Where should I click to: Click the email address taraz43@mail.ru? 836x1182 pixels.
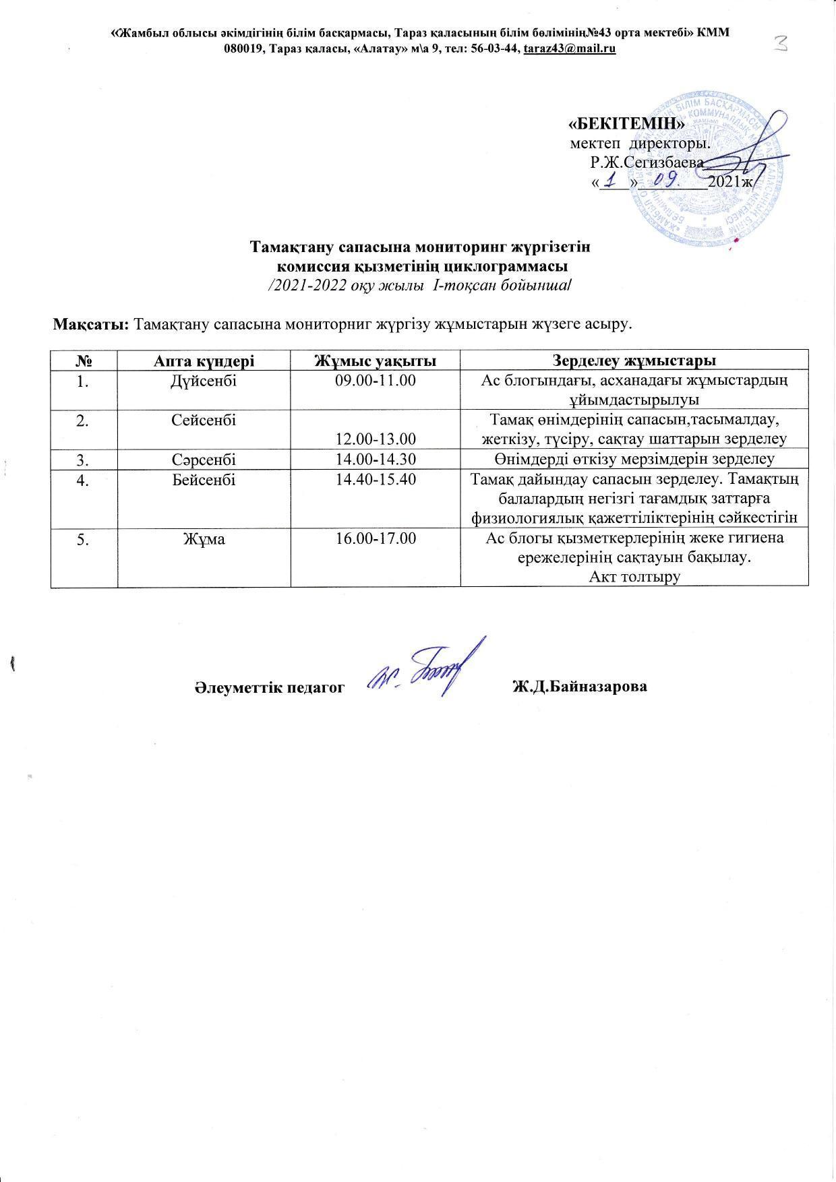pyautogui.click(x=570, y=49)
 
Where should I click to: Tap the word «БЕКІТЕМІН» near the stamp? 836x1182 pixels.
pyautogui.click(x=627, y=125)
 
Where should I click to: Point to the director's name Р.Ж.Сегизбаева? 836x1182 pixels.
pyautogui.click(x=647, y=162)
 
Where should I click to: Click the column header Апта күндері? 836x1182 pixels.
pyautogui.click(x=204, y=360)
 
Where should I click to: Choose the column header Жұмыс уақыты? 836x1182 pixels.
pyautogui.click(x=376, y=360)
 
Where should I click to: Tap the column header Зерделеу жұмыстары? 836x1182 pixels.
pyautogui.click(x=634, y=360)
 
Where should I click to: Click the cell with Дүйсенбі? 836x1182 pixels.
pyautogui.click(x=204, y=381)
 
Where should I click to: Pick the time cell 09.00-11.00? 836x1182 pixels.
pyautogui.click(x=376, y=381)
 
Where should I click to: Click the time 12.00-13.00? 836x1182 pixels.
pyautogui.click(x=376, y=439)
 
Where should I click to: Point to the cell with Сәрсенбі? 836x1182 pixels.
pyautogui.click(x=204, y=460)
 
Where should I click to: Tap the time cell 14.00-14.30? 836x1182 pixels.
pyautogui.click(x=376, y=460)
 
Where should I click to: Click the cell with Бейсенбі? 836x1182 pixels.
pyautogui.click(x=204, y=480)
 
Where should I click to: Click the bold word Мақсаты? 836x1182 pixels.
pyautogui.click(x=92, y=323)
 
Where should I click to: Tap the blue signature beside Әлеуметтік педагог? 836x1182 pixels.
pyautogui.click(x=425, y=671)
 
